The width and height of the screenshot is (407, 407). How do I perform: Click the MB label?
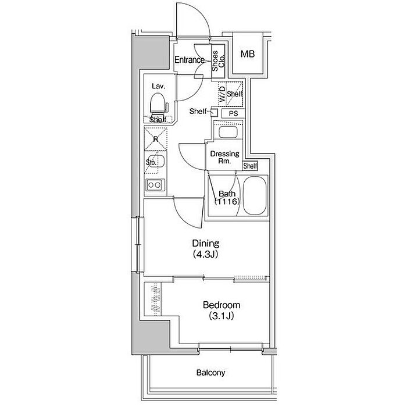[x=248, y=54]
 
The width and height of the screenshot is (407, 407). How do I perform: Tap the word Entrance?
[x=190, y=60]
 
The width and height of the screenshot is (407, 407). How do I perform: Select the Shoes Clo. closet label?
[x=218, y=61]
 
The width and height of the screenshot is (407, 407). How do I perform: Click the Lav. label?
[x=159, y=86]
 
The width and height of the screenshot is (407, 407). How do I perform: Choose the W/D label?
[x=223, y=94]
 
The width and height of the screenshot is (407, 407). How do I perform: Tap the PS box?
[x=233, y=114]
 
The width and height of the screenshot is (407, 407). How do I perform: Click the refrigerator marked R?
[x=156, y=139]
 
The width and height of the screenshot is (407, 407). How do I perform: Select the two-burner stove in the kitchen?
[x=155, y=185]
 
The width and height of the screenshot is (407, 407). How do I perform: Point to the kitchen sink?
[x=156, y=162]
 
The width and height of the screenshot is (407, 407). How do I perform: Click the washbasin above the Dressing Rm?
[x=228, y=132]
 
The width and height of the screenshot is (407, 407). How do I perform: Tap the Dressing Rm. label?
[x=225, y=158]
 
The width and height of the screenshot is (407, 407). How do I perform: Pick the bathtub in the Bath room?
[x=255, y=196]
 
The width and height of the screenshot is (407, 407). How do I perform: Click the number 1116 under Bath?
[x=227, y=201]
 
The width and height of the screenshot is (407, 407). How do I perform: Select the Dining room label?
[x=206, y=243]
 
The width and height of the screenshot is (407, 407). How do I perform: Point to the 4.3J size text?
[x=205, y=255]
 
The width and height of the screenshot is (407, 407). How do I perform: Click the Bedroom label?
[x=222, y=305]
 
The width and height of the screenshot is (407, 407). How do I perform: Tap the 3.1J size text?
[x=221, y=316]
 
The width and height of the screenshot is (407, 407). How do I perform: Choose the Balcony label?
[x=210, y=373]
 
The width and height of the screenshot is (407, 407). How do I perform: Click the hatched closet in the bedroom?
[x=153, y=299]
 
